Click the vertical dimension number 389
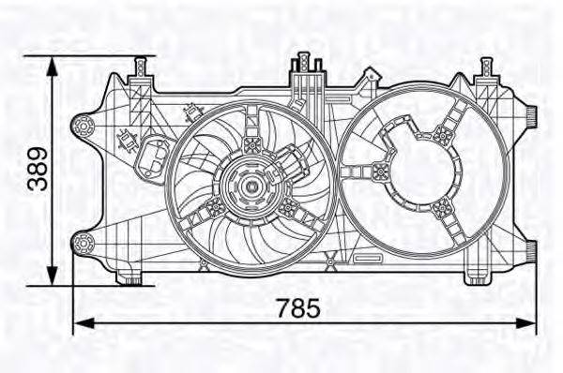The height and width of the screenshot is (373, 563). coord(38,170)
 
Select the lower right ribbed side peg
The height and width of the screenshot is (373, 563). coord(531,248)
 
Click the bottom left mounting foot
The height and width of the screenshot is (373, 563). coord(129,277)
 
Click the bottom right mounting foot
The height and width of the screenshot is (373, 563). coord(475,277)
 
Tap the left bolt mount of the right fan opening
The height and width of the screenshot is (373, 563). coord(380,170)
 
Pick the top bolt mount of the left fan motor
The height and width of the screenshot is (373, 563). coord(251,143)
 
